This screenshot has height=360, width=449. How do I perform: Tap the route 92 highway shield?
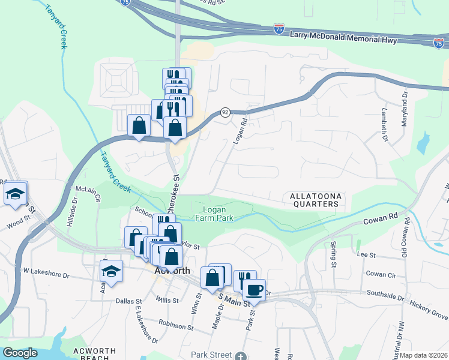pos(225,112)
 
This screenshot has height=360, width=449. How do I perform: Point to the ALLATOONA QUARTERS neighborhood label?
pos(313,200)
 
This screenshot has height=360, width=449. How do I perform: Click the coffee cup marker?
pos(254,290)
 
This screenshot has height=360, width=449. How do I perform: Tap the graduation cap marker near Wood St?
pos(16,193)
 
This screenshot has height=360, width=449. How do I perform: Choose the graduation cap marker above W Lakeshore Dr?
pos(111,271)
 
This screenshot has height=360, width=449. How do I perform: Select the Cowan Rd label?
pos(381,220)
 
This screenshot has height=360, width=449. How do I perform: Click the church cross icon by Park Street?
pos(240,356)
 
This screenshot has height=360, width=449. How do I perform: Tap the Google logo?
pos(20,353)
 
